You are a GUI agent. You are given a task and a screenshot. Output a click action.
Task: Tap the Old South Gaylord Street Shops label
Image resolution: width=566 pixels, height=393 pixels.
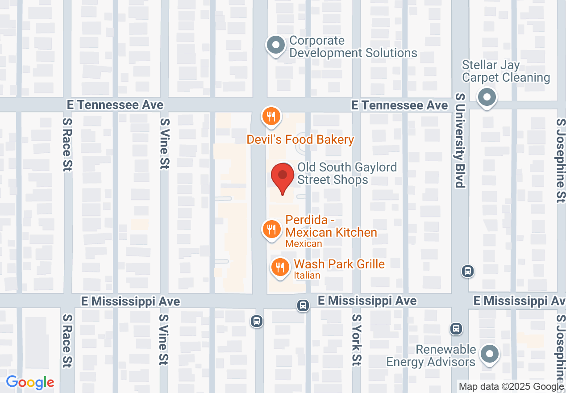(347, 174)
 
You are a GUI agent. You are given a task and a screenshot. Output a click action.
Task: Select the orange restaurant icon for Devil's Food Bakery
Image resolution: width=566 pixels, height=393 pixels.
(271, 116)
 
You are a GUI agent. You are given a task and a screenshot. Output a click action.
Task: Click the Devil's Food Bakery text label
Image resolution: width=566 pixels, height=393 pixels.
(300, 140)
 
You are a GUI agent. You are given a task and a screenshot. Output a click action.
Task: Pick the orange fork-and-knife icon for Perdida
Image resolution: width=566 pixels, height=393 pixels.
(271, 230)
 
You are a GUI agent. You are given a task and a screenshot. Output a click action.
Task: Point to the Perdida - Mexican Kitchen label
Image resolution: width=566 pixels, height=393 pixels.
(331, 226)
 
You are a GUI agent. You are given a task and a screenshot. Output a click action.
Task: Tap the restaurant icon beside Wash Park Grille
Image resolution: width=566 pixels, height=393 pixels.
(280, 268)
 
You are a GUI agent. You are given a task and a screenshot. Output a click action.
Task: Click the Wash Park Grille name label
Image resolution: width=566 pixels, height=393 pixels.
(339, 264)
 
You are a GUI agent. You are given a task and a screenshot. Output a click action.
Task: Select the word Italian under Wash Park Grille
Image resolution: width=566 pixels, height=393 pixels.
(307, 275)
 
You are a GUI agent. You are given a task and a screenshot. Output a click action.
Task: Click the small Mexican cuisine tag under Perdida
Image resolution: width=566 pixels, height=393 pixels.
(304, 244)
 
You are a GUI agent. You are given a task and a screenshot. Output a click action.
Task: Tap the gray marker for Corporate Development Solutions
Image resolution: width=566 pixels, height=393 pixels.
(276, 45)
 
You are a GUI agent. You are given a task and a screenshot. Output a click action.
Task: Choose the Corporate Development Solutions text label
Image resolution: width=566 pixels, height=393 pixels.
(353, 47)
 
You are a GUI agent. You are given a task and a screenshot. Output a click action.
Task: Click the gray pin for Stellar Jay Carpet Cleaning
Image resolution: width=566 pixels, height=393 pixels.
(487, 97)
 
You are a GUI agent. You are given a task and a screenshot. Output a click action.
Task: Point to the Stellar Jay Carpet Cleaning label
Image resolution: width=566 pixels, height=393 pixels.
(506, 71)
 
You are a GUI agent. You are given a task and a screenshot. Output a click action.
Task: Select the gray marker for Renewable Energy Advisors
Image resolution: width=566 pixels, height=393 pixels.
(490, 354)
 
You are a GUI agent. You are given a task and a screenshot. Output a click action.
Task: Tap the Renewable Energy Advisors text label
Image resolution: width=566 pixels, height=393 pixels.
(431, 355)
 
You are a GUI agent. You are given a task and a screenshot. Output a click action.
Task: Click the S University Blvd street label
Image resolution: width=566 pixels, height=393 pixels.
(460, 140)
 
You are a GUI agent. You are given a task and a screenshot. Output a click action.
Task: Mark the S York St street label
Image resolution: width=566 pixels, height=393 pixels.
(356, 339)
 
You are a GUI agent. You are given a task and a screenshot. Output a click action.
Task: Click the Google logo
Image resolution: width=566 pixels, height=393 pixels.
(30, 383)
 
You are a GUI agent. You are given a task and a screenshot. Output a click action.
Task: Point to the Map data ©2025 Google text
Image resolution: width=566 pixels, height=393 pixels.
(511, 387)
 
